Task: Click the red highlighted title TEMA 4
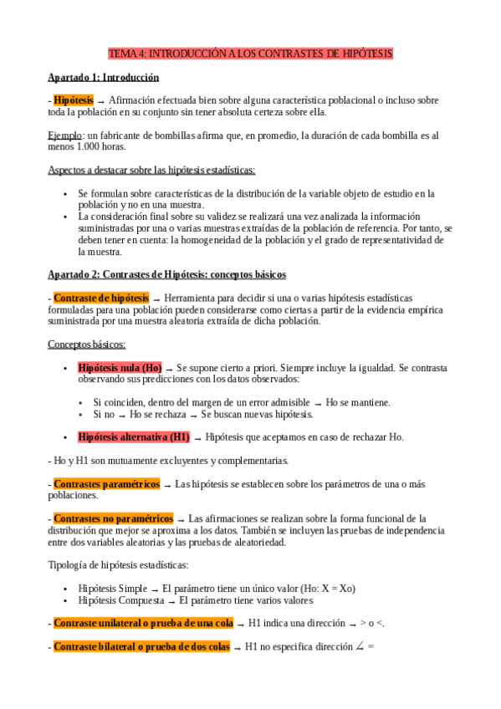pyautogui.click(x=251, y=54)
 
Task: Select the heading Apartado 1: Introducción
pyautogui.click(x=103, y=78)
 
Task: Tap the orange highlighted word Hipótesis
pyautogui.click(x=74, y=100)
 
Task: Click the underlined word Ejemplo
pyautogui.click(x=64, y=135)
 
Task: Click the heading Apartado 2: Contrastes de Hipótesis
pyautogui.click(x=166, y=274)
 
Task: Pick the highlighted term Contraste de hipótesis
pyautogui.click(x=101, y=298)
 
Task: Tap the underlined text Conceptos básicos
pyautogui.click(x=87, y=344)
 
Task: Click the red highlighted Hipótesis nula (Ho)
pyautogui.click(x=120, y=368)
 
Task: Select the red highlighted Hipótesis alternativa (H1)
pyautogui.click(x=134, y=436)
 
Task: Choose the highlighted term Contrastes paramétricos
pyautogui.click(x=106, y=483)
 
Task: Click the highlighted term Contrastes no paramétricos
pyautogui.click(x=113, y=518)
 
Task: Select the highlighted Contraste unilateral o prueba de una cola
pyautogui.click(x=143, y=623)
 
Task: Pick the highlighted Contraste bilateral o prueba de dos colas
pyautogui.click(x=141, y=646)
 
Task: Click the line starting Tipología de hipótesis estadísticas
pyautogui.click(x=118, y=565)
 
